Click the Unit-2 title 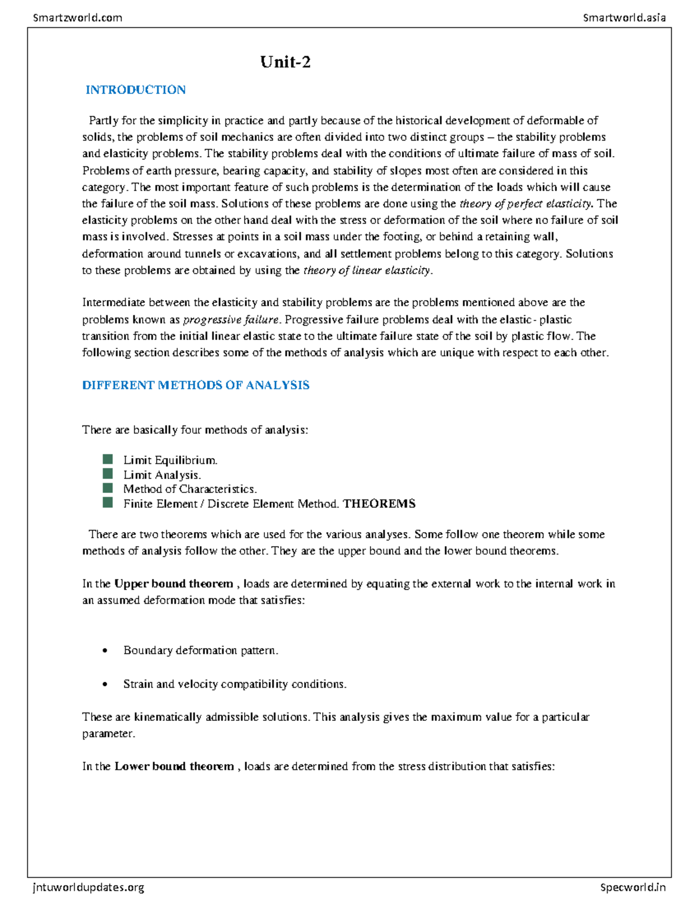pos(285,62)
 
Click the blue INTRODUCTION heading pos(135,90)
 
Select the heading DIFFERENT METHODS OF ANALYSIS pos(196,385)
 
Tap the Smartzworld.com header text pos(77,17)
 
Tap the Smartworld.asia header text pos(624,17)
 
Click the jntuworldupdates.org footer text pos(89,888)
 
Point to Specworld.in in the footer pos(633,888)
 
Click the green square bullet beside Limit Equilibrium pos(108,459)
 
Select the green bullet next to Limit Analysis pos(108,474)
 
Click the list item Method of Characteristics pos(190,489)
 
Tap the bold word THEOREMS pos(379,503)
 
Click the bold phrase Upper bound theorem pos(174,584)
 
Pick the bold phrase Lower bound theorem pos(174,766)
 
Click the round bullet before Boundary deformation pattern pos(105,651)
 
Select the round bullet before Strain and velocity pos(105,685)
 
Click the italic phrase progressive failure pos(231,320)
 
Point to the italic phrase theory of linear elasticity pos(367,270)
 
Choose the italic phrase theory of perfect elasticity pos(525,204)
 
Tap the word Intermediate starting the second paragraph pos(114,302)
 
